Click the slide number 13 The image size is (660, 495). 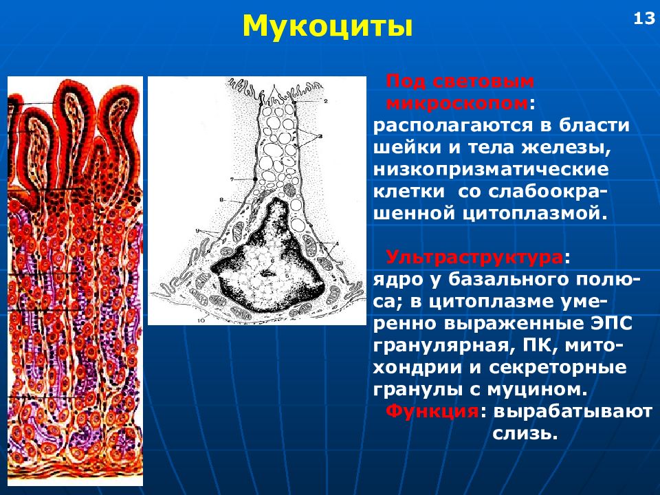[x=644, y=19]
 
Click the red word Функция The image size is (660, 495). [x=432, y=410]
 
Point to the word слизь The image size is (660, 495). [x=525, y=433]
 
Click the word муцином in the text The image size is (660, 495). [x=537, y=389]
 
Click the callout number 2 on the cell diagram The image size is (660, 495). [x=326, y=101]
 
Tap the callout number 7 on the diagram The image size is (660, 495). [x=232, y=179]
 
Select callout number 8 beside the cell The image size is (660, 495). [x=221, y=200]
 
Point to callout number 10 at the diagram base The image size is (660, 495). [x=201, y=320]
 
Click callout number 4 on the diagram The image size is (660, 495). [x=337, y=243]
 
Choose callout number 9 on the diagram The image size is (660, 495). [x=197, y=230]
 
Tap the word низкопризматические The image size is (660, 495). [x=491, y=169]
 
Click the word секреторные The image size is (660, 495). [x=558, y=367]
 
